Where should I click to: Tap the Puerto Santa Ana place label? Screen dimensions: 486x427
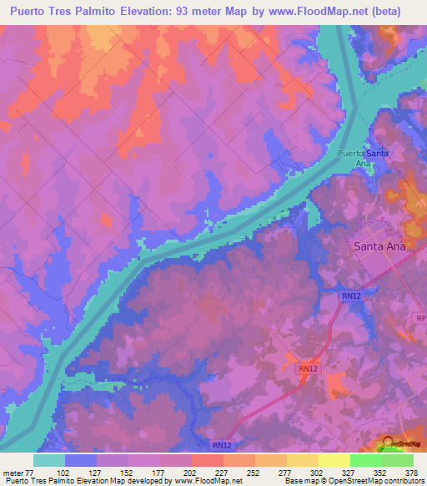click(x=363, y=159)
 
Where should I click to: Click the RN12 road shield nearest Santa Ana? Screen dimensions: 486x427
click(x=349, y=296)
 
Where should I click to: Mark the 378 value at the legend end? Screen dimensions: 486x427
click(x=412, y=472)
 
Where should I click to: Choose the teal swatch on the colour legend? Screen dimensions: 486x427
click(x=48, y=460)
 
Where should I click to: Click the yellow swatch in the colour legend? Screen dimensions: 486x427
click(x=334, y=460)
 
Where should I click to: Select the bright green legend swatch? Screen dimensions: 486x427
click(x=365, y=460)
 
